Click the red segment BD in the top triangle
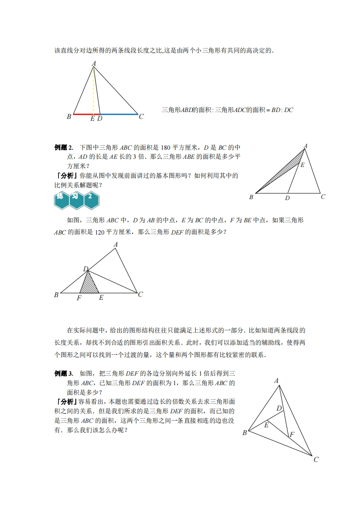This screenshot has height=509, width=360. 84,114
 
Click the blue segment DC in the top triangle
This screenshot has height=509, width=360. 119,114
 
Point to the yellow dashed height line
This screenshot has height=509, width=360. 94,91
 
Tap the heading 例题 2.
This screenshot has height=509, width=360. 64,147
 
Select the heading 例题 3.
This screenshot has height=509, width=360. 64,373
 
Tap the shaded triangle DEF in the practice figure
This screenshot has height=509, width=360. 89,285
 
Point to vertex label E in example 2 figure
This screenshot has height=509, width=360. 303,165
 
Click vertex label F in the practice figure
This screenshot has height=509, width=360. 79,298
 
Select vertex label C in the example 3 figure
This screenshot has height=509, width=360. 316,459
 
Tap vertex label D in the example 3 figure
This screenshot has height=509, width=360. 280,408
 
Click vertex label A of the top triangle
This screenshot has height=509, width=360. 94,64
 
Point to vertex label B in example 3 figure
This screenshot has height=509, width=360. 245,432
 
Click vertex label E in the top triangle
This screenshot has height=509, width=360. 92,118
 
